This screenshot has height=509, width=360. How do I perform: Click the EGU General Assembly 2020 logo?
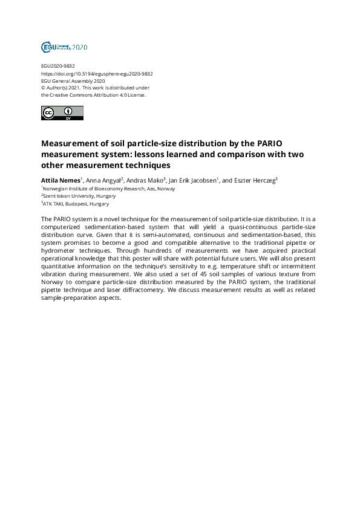(x=64, y=47)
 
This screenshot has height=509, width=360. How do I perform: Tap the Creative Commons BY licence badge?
(x=62, y=112)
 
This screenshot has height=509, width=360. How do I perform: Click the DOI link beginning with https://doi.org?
(x=97, y=74)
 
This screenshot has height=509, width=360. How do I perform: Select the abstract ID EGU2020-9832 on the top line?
(x=58, y=66)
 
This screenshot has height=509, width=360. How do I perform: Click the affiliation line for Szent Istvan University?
(x=78, y=196)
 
